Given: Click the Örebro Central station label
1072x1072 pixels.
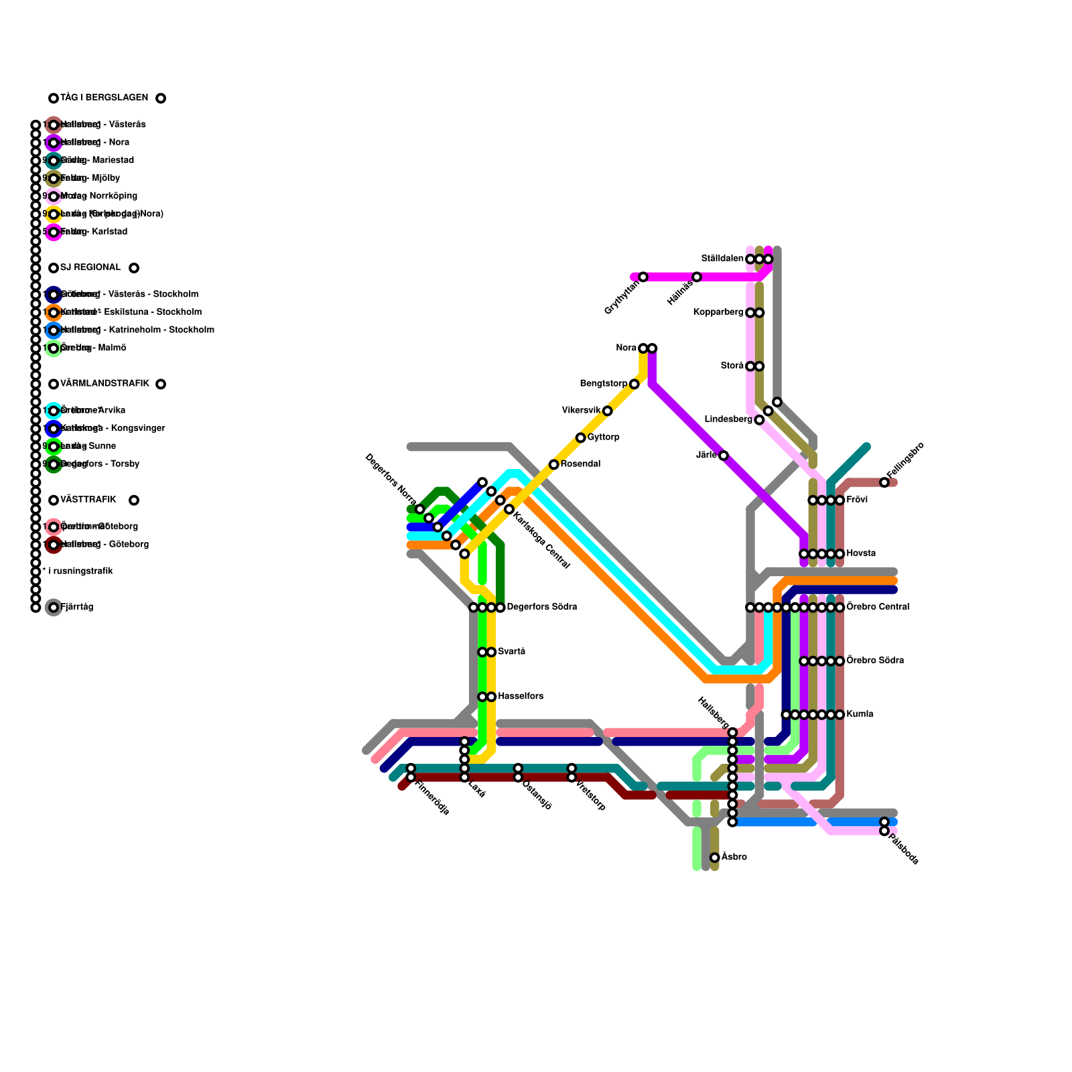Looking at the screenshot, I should [x=878, y=607].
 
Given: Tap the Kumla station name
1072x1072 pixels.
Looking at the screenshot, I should [x=860, y=714].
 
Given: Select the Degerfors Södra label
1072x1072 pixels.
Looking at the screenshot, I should [x=541, y=607].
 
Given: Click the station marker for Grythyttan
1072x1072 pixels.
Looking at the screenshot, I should [x=643, y=277].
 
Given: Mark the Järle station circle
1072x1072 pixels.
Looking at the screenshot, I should [x=724, y=456].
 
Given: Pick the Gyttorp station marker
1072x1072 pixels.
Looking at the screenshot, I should [x=581, y=438].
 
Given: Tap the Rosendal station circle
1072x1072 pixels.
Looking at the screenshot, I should [x=553, y=464].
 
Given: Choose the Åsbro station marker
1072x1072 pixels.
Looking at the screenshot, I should [x=715, y=858].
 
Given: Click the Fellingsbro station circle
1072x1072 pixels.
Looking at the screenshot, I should [x=884, y=482].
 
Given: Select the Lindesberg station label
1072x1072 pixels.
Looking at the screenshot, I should [x=728, y=419].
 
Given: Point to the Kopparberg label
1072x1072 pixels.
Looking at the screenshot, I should [x=718, y=312].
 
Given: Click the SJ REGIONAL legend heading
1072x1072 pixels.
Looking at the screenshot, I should [x=90, y=267].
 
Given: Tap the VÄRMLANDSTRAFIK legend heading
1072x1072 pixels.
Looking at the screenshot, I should [x=105, y=383].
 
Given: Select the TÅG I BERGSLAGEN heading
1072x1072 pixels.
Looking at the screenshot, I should [x=104, y=98].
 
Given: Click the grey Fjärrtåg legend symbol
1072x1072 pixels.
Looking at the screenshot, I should [x=54, y=608].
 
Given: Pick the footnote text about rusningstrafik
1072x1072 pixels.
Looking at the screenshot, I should [x=78, y=572].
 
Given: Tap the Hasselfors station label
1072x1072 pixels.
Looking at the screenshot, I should [x=521, y=697].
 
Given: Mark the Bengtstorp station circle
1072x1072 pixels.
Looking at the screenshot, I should [x=634, y=384].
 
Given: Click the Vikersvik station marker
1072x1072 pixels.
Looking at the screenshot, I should [x=607, y=411].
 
